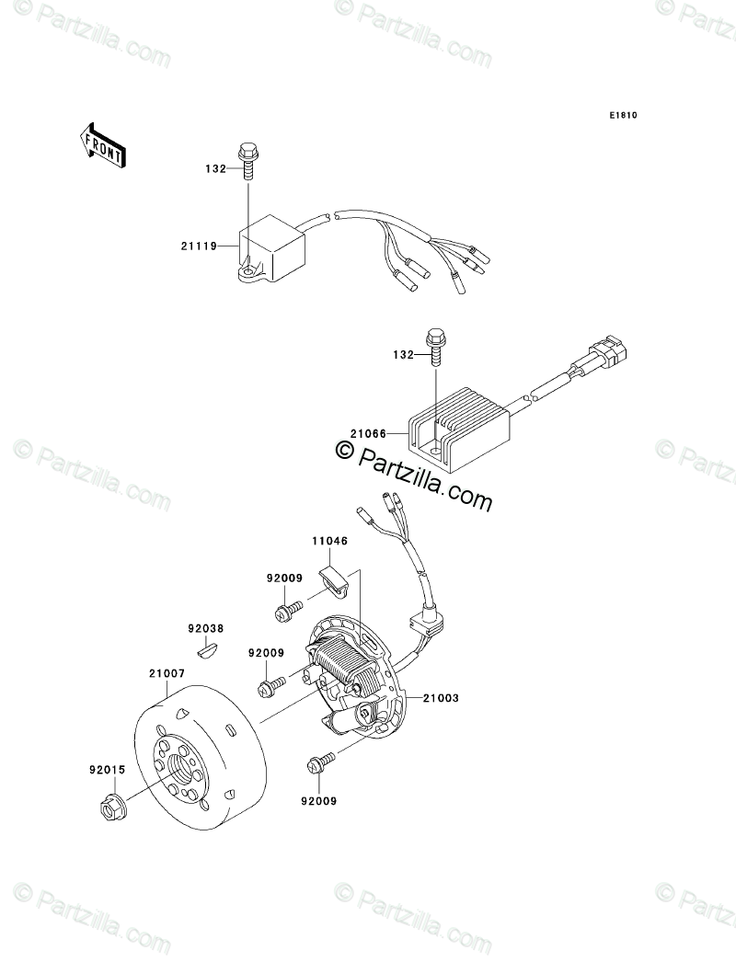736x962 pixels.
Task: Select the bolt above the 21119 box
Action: coord(247,155)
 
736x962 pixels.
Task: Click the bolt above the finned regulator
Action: coord(431,347)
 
